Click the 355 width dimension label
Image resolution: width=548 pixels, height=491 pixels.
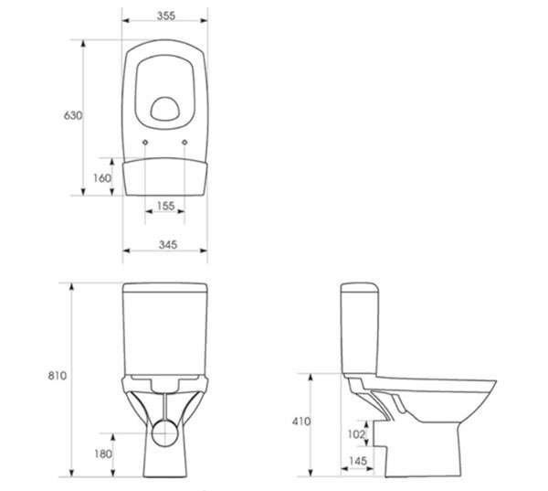166,16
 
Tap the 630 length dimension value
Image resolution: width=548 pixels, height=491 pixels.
73,115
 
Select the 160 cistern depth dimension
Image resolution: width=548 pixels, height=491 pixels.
102,178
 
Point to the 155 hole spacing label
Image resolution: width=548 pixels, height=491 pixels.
165,206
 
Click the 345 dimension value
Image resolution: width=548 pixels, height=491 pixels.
168,245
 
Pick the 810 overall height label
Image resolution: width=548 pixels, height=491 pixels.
57,376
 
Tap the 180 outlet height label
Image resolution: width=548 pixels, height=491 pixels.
103,454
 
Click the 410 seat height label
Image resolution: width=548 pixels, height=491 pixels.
301,422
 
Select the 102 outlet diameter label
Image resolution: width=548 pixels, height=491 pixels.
356,434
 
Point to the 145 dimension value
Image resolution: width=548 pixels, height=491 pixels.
358,461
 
